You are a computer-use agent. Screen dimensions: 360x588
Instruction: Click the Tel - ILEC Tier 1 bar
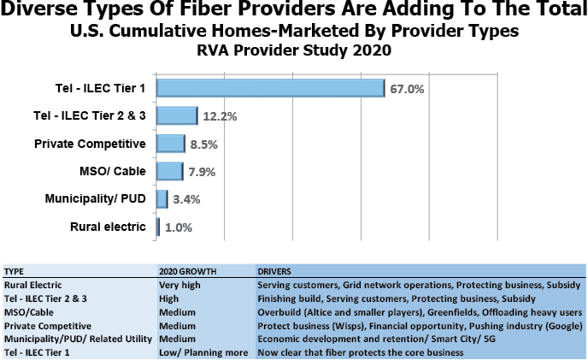click(272, 88)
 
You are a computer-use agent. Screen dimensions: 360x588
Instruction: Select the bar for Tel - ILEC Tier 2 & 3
click(178, 115)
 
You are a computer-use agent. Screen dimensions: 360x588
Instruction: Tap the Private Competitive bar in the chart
click(172, 144)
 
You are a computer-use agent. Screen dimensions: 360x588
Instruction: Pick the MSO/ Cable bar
click(171, 172)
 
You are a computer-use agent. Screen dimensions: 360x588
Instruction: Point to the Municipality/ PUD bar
click(162, 199)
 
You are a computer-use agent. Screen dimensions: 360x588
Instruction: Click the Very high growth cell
click(181, 283)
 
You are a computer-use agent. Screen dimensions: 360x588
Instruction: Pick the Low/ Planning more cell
click(197, 352)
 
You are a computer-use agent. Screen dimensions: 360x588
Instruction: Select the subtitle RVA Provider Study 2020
click(293, 50)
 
